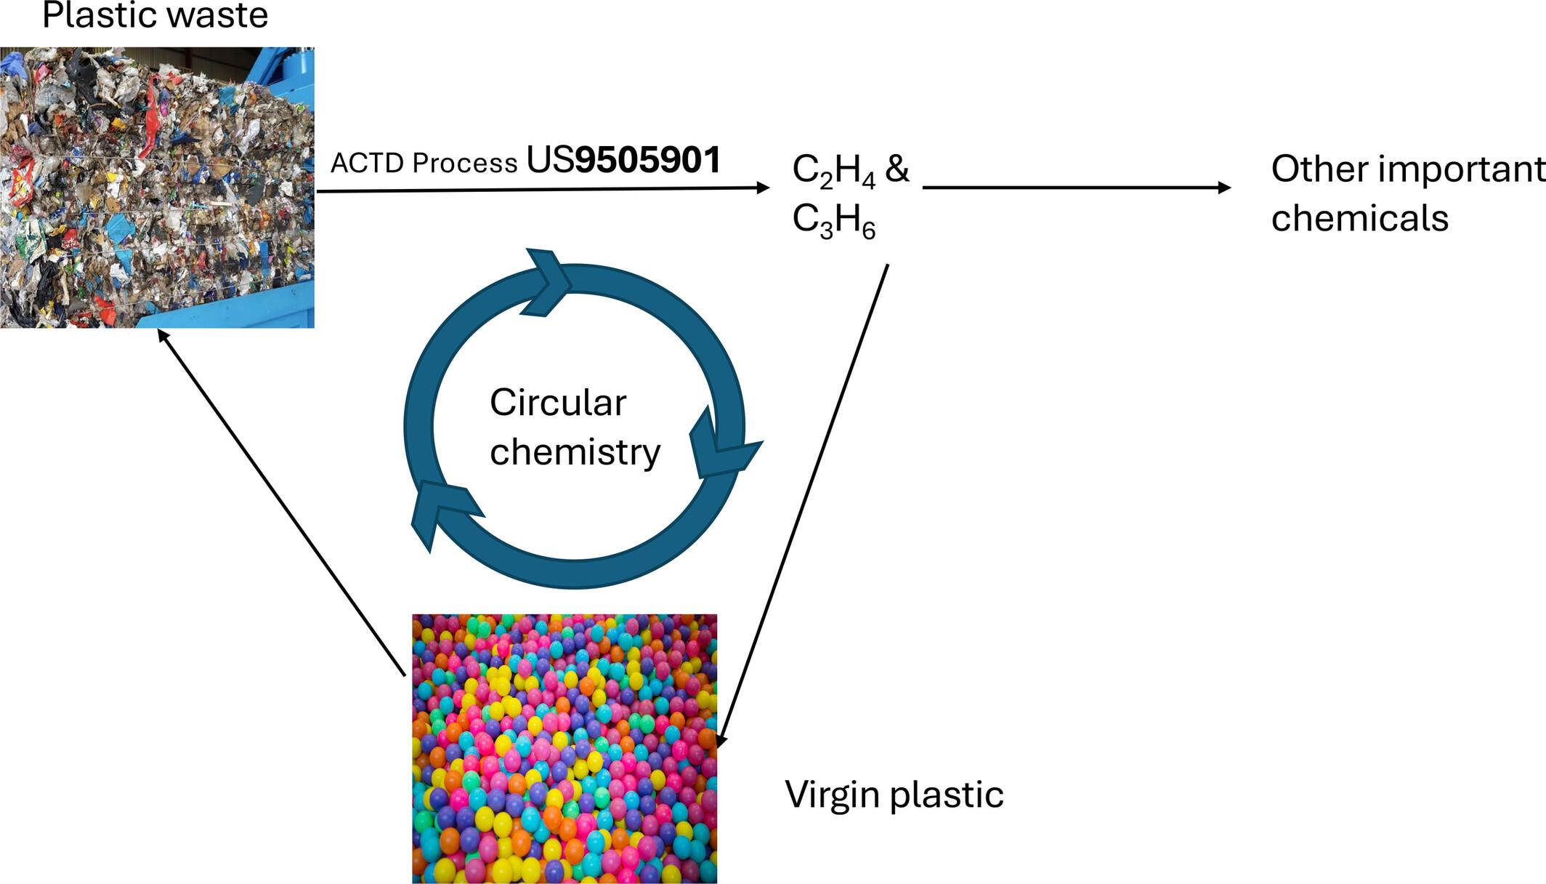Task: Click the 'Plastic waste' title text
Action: coord(155,16)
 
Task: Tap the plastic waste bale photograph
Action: coord(157,188)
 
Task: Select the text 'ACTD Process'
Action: coord(424,164)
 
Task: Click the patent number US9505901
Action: coord(623,161)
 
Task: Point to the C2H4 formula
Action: coord(833,170)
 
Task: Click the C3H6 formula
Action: coord(833,220)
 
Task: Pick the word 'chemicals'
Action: coord(1359,218)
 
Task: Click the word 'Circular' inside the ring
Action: coord(557,403)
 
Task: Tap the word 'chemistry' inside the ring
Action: coord(575,452)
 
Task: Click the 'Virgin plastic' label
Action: coord(894,794)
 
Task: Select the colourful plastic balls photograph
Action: coord(564,749)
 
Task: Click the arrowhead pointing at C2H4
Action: coord(764,188)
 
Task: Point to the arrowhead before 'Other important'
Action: coord(1225,188)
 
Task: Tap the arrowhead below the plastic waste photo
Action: coord(163,336)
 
